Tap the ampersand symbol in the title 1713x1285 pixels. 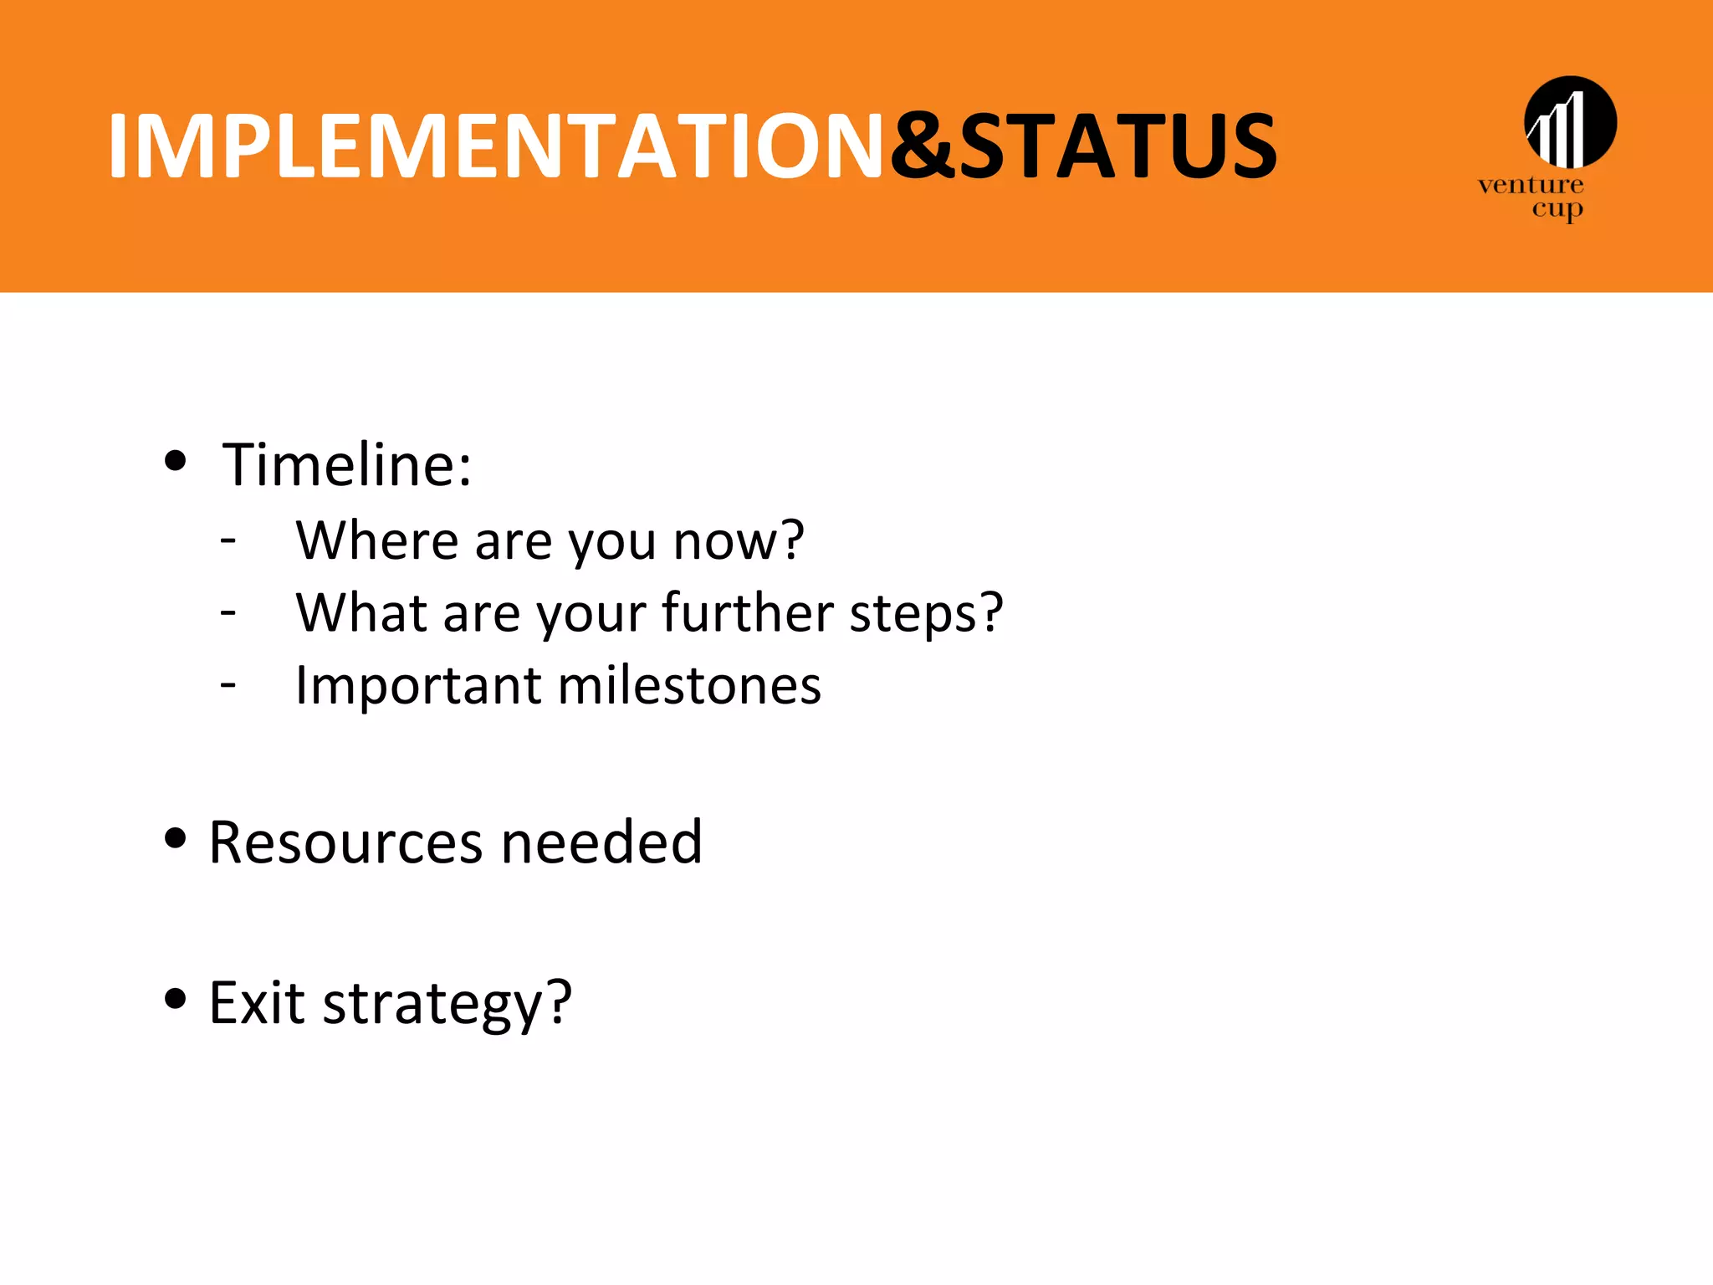(922, 147)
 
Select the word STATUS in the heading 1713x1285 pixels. (1117, 147)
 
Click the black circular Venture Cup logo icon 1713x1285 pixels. (1570, 122)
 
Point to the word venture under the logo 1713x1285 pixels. (1530, 185)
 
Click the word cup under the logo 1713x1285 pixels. (1557, 209)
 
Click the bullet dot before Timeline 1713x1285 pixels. (175, 460)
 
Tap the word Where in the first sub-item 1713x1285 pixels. (376, 540)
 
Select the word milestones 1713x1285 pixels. (688, 686)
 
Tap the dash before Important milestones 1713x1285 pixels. (228, 684)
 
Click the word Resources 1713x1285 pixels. (345, 842)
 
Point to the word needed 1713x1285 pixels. (601, 842)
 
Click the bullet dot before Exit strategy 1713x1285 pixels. (175, 998)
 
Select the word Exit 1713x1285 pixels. (256, 1002)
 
